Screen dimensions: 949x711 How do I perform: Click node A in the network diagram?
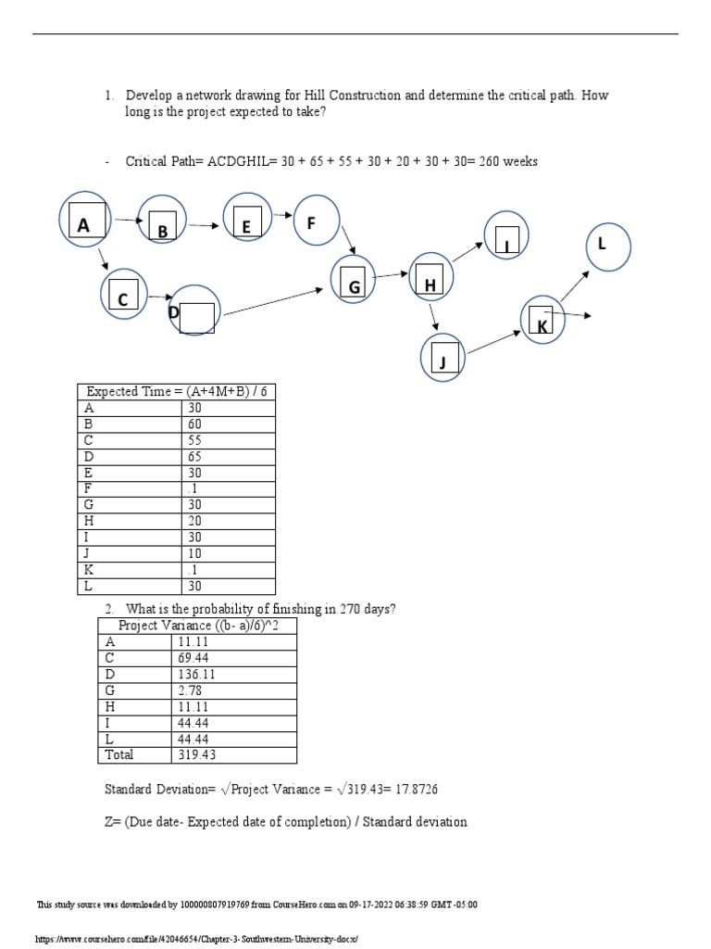point(84,221)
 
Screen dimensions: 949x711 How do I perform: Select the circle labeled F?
point(317,222)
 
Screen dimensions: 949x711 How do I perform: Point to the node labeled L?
point(608,247)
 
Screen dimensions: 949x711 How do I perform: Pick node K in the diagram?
point(543,321)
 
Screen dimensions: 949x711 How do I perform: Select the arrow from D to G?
point(273,303)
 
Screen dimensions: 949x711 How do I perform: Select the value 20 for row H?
point(194,521)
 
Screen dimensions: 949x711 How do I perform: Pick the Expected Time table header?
point(176,391)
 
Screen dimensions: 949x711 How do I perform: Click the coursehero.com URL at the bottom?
point(194,939)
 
